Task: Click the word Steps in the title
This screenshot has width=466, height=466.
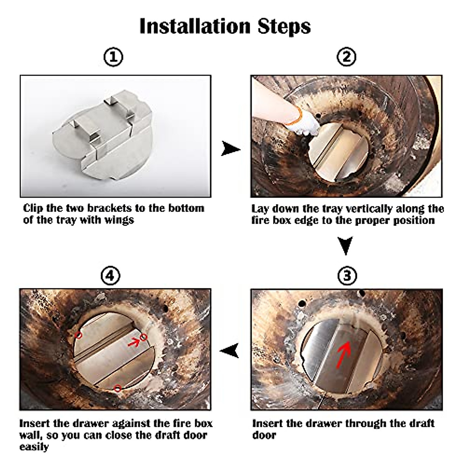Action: [284, 27]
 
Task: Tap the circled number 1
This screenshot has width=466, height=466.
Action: [113, 57]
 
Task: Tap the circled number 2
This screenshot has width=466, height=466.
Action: [346, 57]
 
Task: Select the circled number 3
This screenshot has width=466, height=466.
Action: [347, 276]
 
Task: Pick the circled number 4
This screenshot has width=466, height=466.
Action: [110, 276]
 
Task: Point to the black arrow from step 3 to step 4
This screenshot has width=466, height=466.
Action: [229, 350]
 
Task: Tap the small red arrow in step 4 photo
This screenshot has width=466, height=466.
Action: [134, 343]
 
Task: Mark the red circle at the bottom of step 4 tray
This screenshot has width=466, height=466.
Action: [118, 389]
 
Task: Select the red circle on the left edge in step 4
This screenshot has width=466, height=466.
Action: [78, 335]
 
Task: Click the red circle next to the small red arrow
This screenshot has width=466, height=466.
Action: [144, 337]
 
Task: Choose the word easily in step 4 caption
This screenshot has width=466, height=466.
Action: [34, 447]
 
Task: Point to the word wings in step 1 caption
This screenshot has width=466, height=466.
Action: [119, 220]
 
